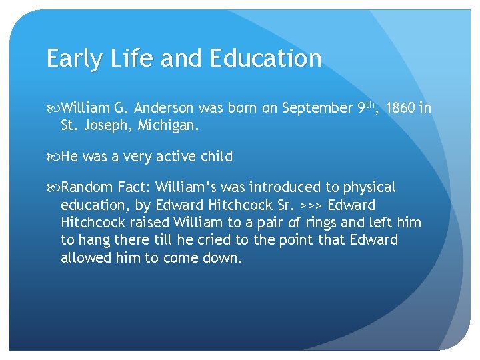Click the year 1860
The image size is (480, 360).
point(401,108)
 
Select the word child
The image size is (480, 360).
point(213,157)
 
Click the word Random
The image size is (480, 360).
point(86,188)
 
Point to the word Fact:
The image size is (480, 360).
point(133,188)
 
